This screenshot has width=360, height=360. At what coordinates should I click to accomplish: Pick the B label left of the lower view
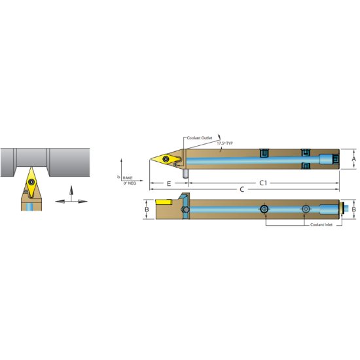[x=147, y=209]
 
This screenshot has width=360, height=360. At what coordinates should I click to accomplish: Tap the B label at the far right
[x=354, y=209]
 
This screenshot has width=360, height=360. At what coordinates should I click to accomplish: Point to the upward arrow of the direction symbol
[x=69, y=190]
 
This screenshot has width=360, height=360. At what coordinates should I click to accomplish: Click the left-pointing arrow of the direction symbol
[x=60, y=201]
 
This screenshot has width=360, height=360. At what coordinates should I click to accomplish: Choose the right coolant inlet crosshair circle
[x=305, y=209]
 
